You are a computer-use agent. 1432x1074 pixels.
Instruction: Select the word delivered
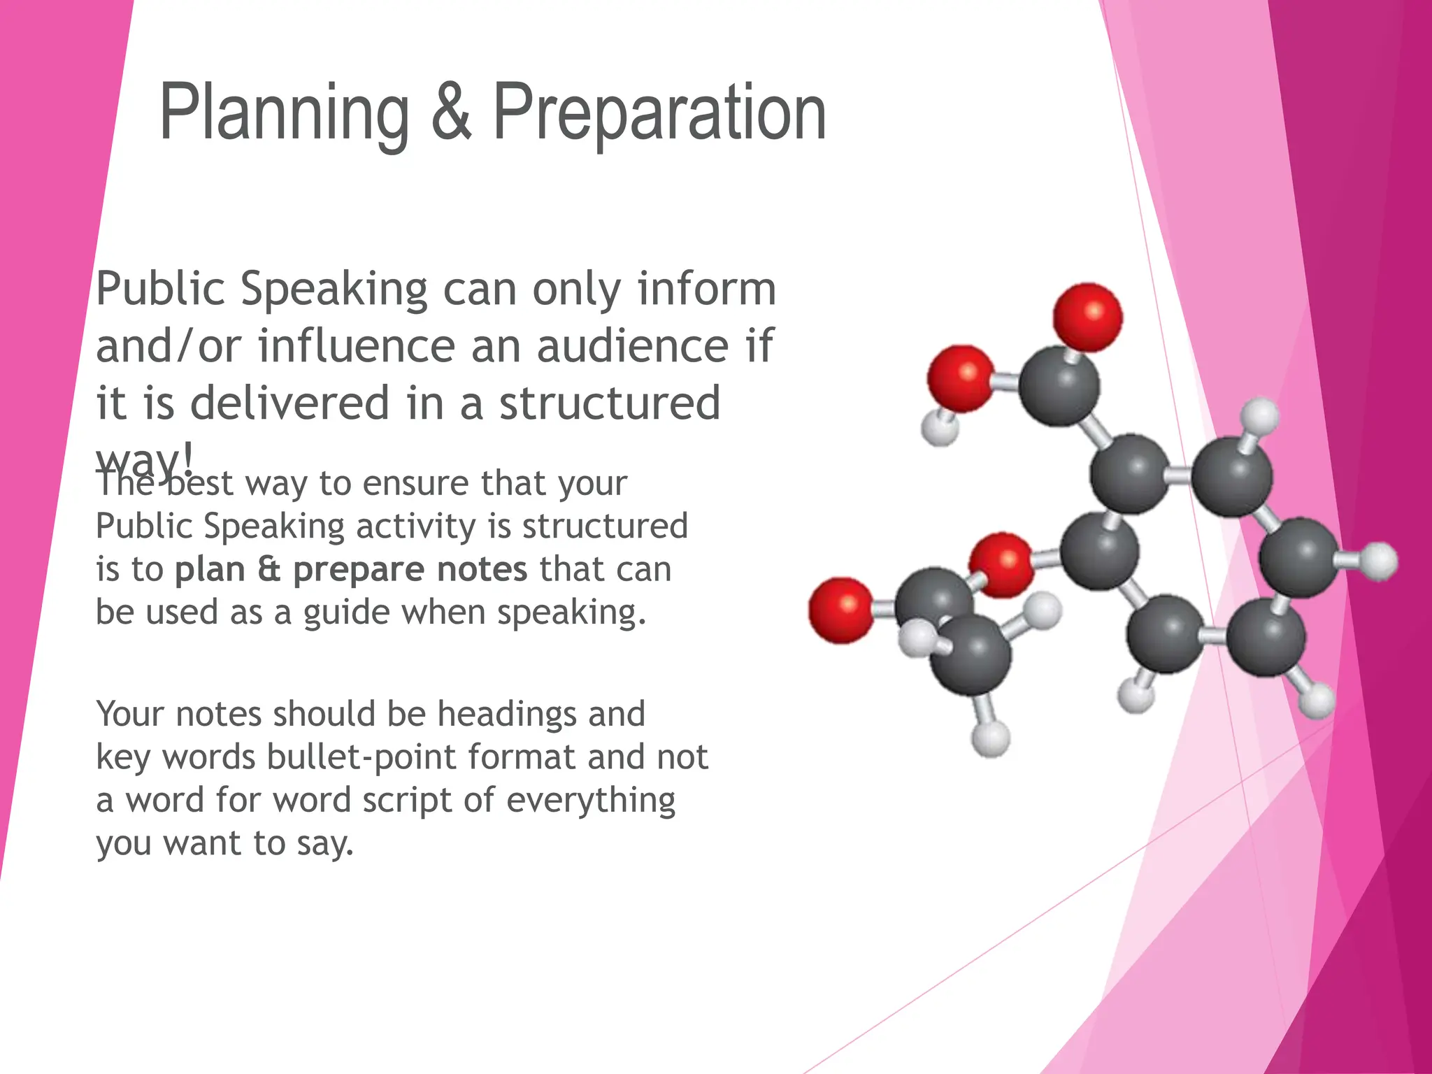pos(289,403)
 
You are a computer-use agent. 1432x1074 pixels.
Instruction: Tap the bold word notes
pos(482,569)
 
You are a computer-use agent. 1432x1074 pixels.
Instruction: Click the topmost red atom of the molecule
pos(1087,317)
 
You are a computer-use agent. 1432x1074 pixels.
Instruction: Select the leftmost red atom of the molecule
pos(841,610)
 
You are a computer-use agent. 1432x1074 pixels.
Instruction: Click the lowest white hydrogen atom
pos(990,738)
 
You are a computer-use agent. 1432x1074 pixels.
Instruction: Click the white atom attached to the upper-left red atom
pos(939,427)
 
